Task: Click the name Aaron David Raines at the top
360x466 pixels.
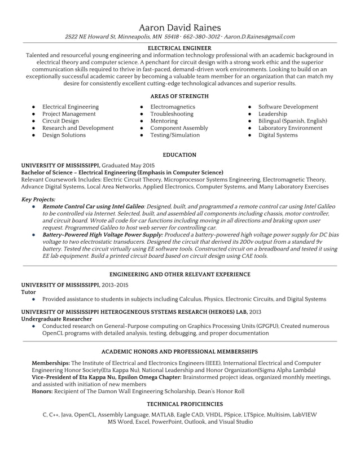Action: [x=179, y=27]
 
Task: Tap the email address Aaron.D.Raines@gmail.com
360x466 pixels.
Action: [x=259, y=37]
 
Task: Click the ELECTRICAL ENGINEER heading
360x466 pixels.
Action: [x=179, y=49]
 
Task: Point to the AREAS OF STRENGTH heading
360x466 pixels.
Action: [x=179, y=96]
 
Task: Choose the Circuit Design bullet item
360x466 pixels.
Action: [x=60, y=121]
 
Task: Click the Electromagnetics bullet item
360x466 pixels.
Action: [x=172, y=107]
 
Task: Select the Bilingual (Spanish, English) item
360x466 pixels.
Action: [x=292, y=121]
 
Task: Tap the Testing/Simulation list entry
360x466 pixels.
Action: [x=174, y=135]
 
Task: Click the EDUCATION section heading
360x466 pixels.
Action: [x=179, y=155]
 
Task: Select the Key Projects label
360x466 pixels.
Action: [x=38, y=199]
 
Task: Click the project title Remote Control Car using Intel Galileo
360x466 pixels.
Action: [x=97, y=207]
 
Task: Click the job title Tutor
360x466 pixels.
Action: [x=28, y=292]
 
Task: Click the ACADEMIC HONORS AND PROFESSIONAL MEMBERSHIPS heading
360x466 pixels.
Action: [x=179, y=351]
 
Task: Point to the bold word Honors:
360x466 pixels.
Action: [x=42, y=391]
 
